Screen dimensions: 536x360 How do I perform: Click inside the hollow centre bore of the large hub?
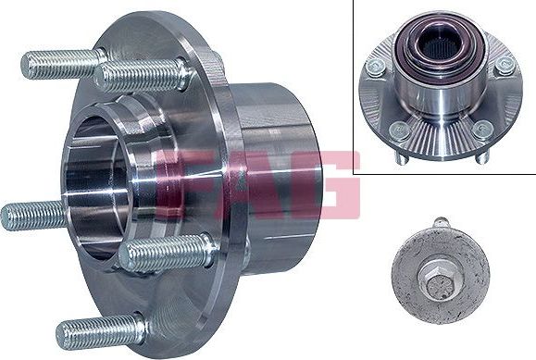94,184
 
